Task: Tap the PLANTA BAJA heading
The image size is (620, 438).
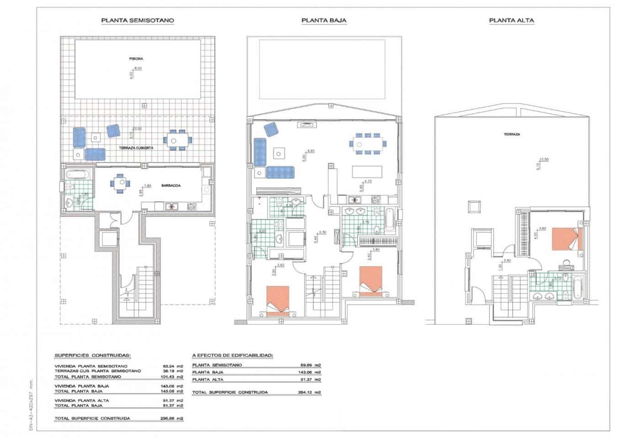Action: (x=323, y=21)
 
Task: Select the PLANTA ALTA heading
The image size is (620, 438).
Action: (x=511, y=21)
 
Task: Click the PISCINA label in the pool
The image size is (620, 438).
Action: (x=136, y=59)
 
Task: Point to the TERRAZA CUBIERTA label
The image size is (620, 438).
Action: (x=136, y=148)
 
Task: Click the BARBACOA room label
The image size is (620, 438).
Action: (x=171, y=186)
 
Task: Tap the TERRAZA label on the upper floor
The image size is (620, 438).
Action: (x=512, y=135)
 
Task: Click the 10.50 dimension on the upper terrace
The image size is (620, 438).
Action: (x=544, y=159)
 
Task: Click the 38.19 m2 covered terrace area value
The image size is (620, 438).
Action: (x=173, y=371)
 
